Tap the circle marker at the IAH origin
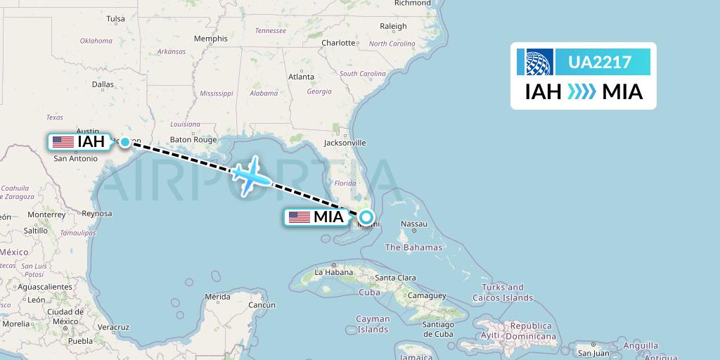point(125,142)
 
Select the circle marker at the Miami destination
point(366,217)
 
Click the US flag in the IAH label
point(63,142)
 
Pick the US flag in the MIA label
point(299,217)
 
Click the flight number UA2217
point(600,63)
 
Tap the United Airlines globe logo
point(536,62)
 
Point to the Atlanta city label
point(300,77)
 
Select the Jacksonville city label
point(345,143)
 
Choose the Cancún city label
point(261,304)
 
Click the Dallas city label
point(102,84)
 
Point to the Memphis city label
point(211,39)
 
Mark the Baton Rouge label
point(193,139)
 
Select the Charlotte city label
point(338,43)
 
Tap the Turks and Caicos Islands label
point(513,292)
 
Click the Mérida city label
point(217,297)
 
